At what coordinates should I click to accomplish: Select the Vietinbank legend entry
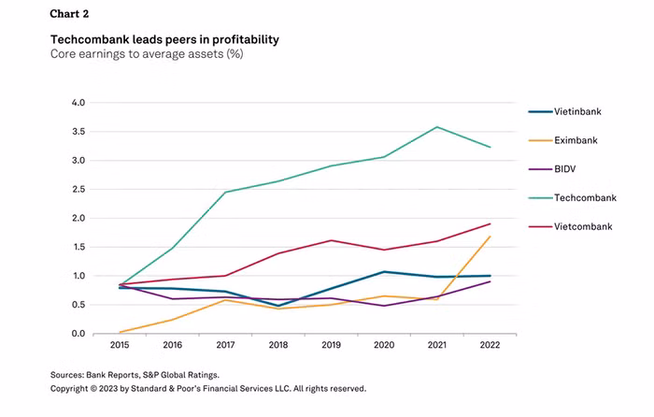[x=576, y=111]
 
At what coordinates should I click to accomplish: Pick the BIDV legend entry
[x=564, y=169]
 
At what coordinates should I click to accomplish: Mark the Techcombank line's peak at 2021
[x=435, y=127]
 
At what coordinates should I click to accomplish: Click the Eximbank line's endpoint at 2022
[x=490, y=237]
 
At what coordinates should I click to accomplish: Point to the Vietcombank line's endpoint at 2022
[x=490, y=223]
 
